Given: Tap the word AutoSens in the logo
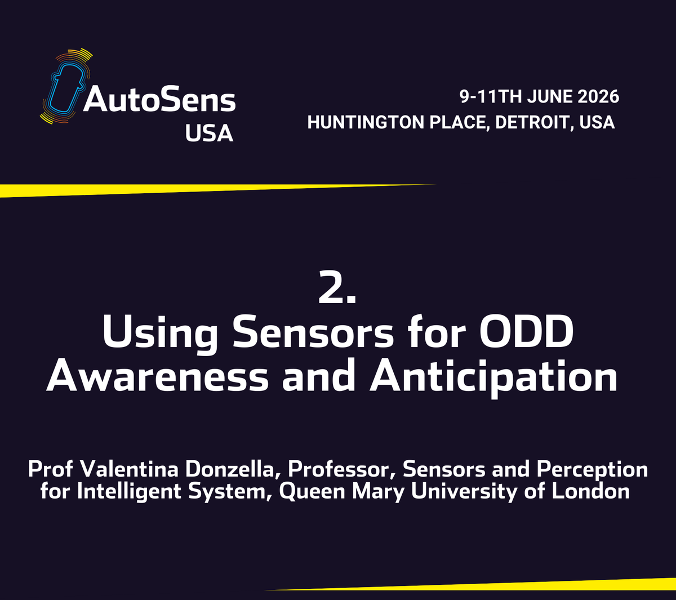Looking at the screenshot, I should point(160,101).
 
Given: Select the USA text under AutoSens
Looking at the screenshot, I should point(209,133).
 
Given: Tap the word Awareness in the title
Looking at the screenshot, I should point(158,377).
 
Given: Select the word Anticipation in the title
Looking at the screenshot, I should point(494,379).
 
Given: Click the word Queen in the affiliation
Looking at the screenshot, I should point(312,492).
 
